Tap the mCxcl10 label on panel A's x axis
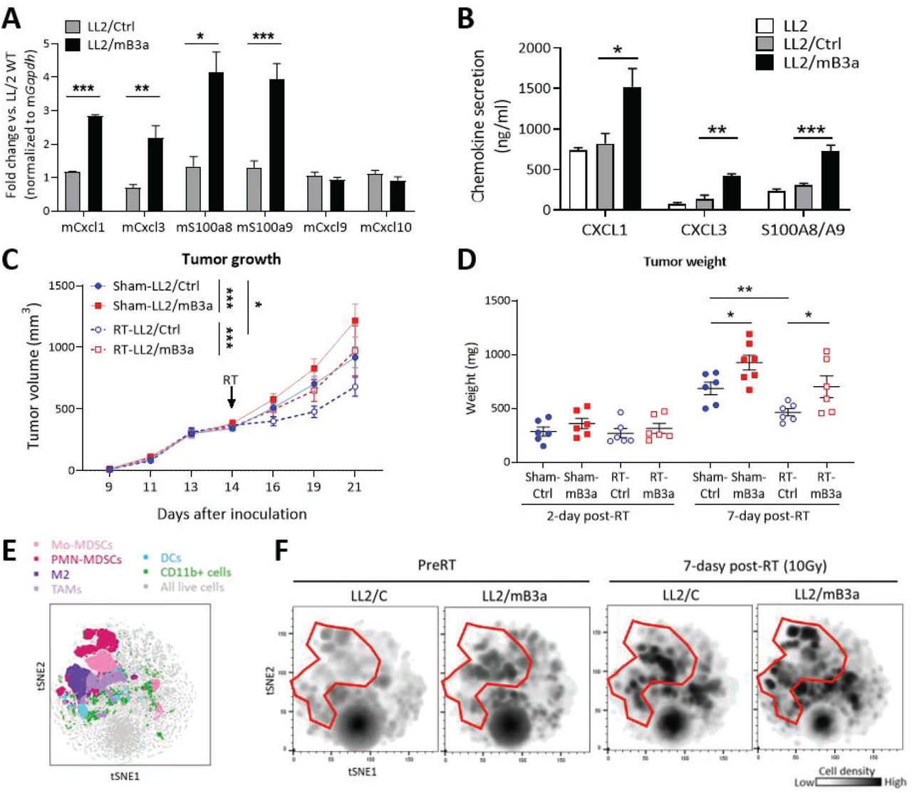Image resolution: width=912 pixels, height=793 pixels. coord(385,228)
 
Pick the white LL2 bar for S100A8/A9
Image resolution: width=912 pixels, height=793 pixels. coord(776,200)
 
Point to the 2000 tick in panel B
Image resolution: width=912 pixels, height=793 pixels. coord(535,48)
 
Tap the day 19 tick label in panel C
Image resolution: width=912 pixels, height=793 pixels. coord(313,487)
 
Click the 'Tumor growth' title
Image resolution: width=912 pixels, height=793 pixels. coord(231,259)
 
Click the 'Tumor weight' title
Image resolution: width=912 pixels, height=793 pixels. coord(685,261)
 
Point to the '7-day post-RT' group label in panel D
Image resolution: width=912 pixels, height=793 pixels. coord(767,516)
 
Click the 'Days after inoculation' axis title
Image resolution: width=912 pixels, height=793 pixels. coord(232,514)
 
